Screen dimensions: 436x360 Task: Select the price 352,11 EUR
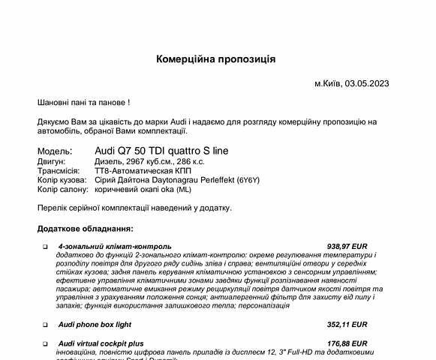click(x=347, y=325)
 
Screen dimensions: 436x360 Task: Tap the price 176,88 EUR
click(x=347, y=343)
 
